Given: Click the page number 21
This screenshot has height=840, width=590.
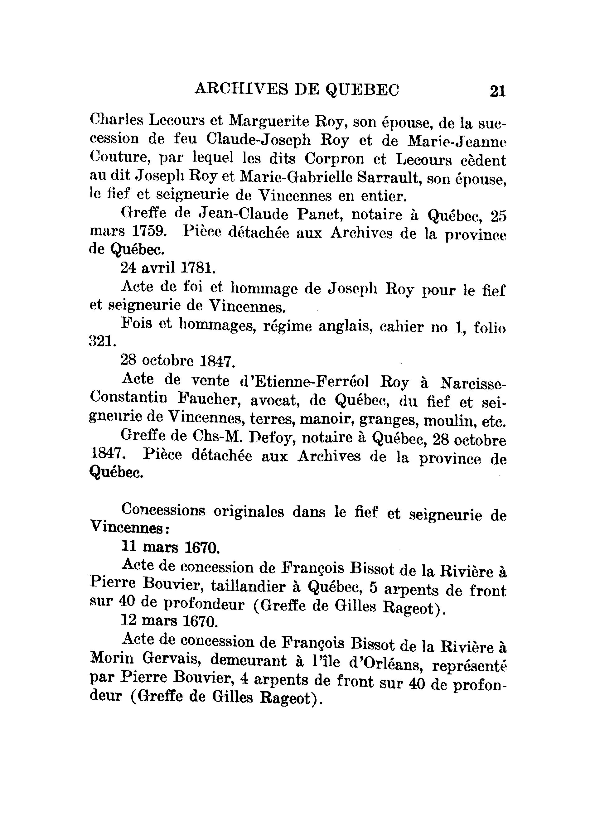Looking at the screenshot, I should point(497,91).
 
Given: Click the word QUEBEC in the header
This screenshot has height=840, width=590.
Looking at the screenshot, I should point(362,89).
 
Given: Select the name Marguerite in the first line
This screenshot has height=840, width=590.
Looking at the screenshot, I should point(268,121).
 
